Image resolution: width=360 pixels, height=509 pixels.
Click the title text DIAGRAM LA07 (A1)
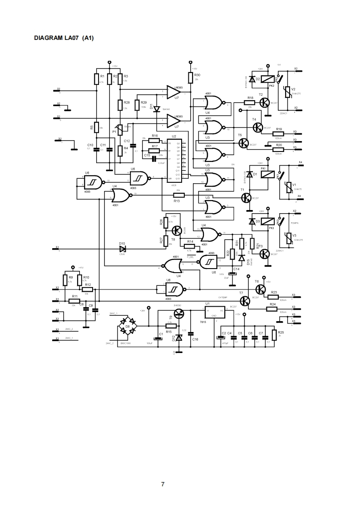pyautogui.click(x=64, y=38)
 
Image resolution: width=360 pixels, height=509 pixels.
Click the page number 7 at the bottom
pyautogui.click(x=163, y=484)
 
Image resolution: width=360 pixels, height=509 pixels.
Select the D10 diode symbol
pyautogui.click(x=122, y=249)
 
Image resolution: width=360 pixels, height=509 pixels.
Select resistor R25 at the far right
pyautogui.click(x=274, y=335)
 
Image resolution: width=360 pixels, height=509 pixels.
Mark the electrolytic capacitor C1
pyautogui.click(x=158, y=336)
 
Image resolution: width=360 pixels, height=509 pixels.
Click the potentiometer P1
pyautogui.click(x=120, y=130)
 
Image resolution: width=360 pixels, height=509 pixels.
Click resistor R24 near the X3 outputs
pyautogui.click(x=272, y=308)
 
